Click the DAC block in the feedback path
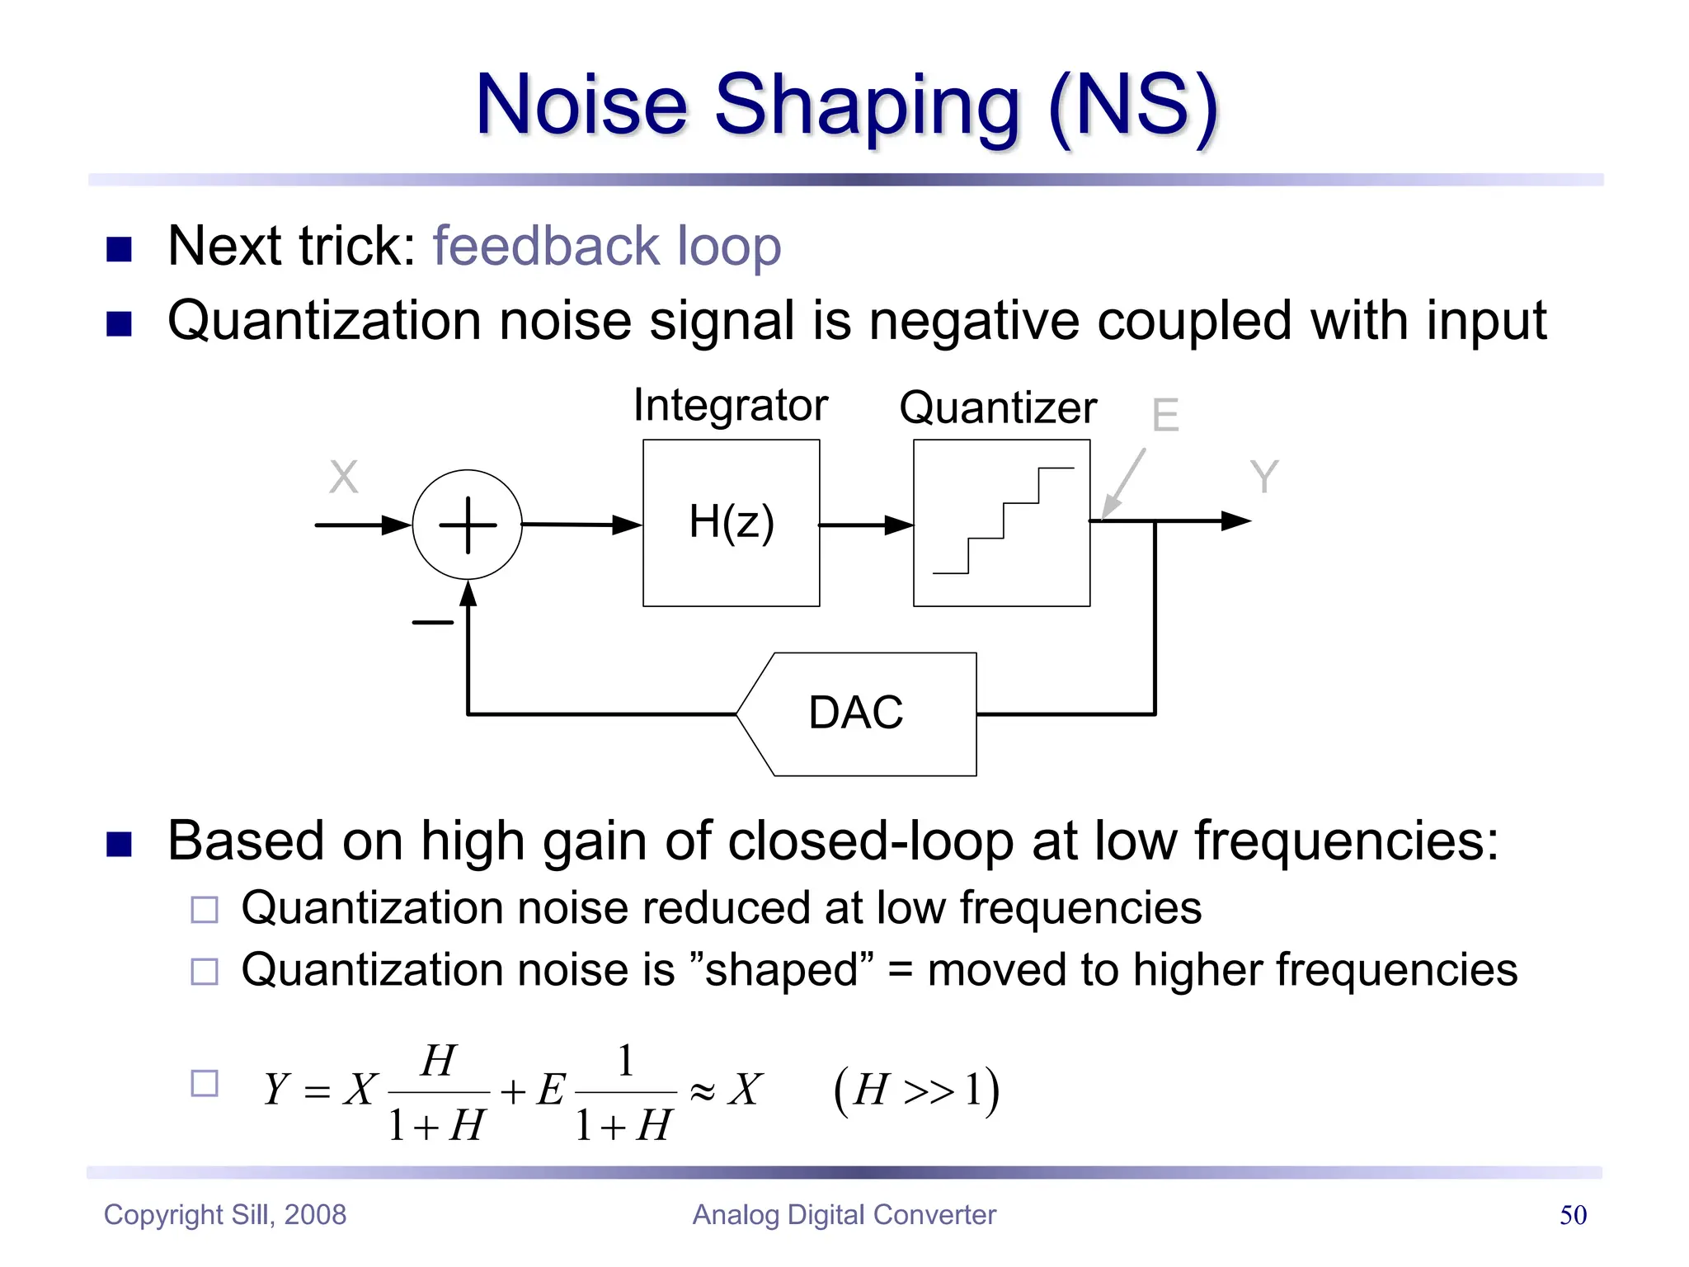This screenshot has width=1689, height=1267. pyautogui.click(x=858, y=714)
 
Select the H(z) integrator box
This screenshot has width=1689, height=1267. pyautogui.click(x=731, y=523)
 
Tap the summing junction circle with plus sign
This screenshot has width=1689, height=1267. pyautogui.click(x=467, y=525)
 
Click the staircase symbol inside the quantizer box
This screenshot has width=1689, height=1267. pyautogui.click(x=1003, y=521)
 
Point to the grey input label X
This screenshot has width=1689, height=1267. pyautogui.click(x=343, y=477)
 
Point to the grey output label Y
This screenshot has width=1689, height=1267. pyautogui.click(x=1263, y=477)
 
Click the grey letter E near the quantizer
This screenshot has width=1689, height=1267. pyautogui.click(x=1164, y=415)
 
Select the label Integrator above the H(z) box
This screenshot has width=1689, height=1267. pyautogui.click(x=730, y=405)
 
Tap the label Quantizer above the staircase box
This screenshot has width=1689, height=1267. pyautogui.click(x=998, y=407)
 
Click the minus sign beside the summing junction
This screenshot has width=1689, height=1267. pyautogui.click(x=432, y=622)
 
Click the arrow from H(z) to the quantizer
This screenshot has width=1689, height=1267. pyautogui.click(x=866, y=525)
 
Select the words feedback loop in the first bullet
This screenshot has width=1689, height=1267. pyautogui.click(x=607, y=246)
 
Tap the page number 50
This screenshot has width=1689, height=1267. pyautogui.click(x=1573, y=1215)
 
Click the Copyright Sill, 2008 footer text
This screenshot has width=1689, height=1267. pyautogui.click(x=224, y=1215)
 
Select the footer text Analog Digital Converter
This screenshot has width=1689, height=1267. pyautogui.click(x=844, y=1215)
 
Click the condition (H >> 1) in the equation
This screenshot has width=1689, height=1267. pyautogui.click(x=916, y=1090)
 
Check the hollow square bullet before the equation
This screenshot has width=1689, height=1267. pyautogui.click(x=205, y=1083)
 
